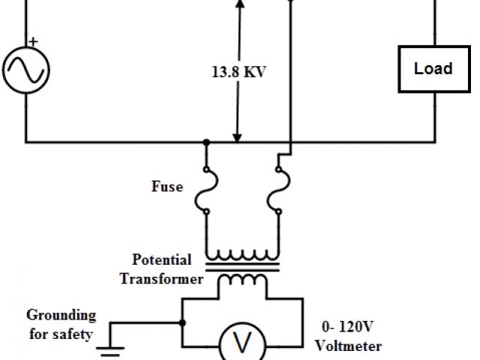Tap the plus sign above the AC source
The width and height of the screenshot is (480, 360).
33,43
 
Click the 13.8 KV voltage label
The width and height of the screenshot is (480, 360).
238,73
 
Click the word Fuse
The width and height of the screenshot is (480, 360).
166,186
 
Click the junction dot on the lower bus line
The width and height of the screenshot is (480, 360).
205,141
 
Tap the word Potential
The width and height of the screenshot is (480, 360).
162,260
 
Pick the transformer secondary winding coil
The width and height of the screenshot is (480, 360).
241,279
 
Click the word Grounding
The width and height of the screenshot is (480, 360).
61,315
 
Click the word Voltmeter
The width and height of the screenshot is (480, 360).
348,346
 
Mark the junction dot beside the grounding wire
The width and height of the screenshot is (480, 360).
182,323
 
